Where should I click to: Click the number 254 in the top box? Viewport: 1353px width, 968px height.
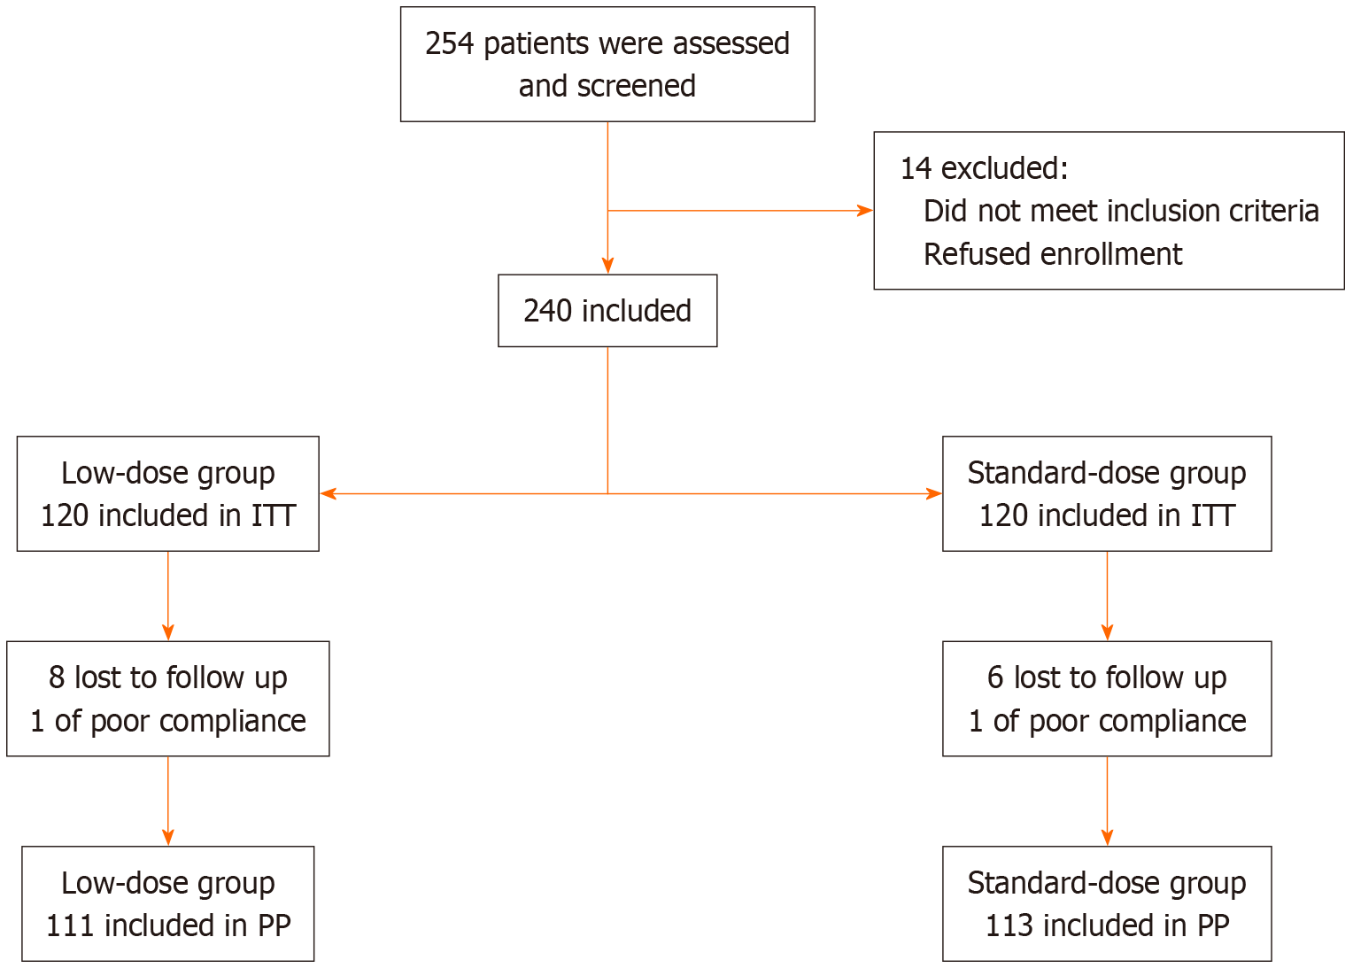tap(450, 44)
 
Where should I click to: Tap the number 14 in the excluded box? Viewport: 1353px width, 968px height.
tap(916, 168)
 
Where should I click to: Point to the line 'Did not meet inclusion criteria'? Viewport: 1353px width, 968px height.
tap(1121, 211)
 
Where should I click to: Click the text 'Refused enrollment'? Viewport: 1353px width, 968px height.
tap(1053, 254)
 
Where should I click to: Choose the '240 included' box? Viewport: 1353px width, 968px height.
tap(607, 311)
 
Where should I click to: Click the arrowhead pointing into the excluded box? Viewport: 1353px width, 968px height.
tap(865, 211)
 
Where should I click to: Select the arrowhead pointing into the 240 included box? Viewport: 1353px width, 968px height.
tap(607, 266)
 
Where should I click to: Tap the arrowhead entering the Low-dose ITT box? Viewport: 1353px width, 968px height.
tap(329, 493)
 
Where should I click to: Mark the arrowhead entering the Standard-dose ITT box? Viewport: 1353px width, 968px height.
tap(934, 493)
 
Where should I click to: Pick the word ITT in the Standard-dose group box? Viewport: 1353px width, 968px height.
tap(1212, 515)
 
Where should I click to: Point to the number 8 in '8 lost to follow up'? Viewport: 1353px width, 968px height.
tap(57, 678)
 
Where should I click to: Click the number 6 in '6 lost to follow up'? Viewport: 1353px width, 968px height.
tap(995, 678)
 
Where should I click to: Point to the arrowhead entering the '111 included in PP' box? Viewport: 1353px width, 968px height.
tap(168, 838)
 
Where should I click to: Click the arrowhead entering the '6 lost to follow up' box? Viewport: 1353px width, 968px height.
tap(1107, 632)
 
